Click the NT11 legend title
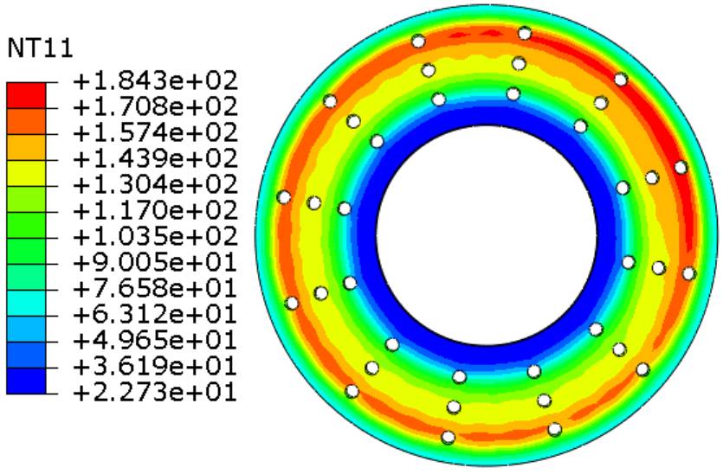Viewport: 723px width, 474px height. point(40,48)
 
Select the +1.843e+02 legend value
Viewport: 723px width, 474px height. point(155,81)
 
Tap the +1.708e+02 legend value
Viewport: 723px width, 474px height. point(155,107)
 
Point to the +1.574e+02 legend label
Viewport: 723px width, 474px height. point(155,132)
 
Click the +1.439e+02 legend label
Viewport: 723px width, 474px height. point(155,159)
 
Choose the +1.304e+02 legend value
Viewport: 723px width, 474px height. point(155,185)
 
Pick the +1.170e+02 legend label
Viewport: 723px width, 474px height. point(155,211)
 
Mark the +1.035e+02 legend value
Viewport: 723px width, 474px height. point(155,237)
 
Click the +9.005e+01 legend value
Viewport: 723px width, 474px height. point(155,263)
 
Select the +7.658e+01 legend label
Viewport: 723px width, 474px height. point(155,289)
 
